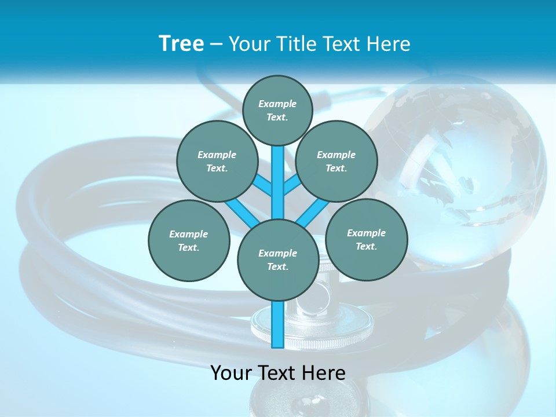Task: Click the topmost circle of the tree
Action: click(277, 110)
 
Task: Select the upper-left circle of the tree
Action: click(217, 161)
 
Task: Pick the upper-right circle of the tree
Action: click(336, 161)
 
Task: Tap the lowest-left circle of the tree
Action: click(189, 240)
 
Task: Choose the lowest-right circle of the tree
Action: click(367, 239)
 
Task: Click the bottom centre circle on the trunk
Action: click(278, 260)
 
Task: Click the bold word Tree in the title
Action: click(181, 43)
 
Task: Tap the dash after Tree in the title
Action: click(216, 44)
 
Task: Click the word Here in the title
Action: click(389, 43)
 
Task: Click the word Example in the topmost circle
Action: click(277, 104)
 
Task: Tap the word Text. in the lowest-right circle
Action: click(367, 246)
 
